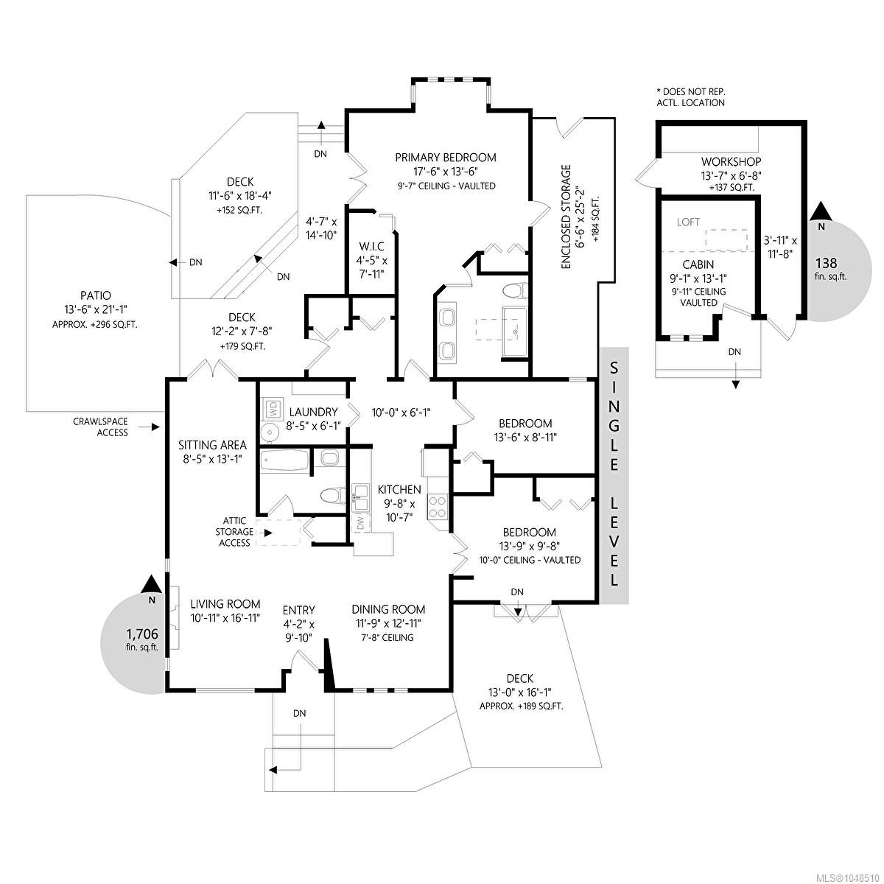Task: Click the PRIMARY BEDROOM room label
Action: pyautogui.click(x=446, y=158)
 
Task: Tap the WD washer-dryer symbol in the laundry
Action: pyautogui.click(x=273, y=408)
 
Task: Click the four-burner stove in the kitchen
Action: pyautogui.click(x=437, y=506)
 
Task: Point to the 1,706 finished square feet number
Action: pyautogui.click(x=142, y=634)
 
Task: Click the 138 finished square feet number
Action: pyautogui.click(x=827, y=263)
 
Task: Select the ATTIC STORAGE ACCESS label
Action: pyautogui.click(x=235, y=532)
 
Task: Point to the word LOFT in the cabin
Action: pyautogui.click(x=688, y=222)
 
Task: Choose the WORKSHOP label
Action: pyautogui.click(x=731, y=161)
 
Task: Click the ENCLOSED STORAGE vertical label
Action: pyautogui.click(x=566, y=217)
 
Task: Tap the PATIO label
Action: pyautogui.click(x=94, y=296)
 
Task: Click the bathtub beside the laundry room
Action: pyautogui.click(x=284, y=460)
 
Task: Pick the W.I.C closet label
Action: pyautogui.click(x=371, y=247)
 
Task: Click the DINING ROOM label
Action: pyautogui.click(x=388, y=609)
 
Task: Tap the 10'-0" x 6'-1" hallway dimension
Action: pyautogui.click(x=401, y=412)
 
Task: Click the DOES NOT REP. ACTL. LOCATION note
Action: pyautogui.click(x=691, y=97)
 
